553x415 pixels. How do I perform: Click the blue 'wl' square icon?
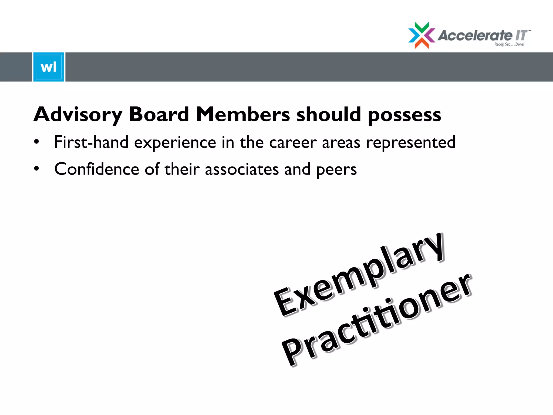(49, 67)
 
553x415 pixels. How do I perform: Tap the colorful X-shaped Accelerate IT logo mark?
(422, 35)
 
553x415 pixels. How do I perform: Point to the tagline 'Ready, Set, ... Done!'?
(509, 44)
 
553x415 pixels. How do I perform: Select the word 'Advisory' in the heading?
(78, 115)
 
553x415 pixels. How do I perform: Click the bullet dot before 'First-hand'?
(36, 142)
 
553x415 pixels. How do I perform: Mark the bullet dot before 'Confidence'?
(36, 169)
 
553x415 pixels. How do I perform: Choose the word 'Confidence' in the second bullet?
(97, 169)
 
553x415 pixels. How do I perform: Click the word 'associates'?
(242, 170)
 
